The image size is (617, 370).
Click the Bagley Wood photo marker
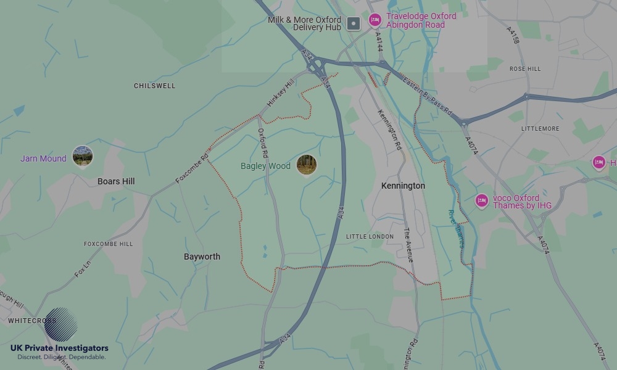pos(307,165)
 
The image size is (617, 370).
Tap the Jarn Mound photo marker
pos(83,156)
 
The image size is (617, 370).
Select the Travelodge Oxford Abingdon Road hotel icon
pos(375,20)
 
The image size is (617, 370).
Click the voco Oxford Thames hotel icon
pos(482,200)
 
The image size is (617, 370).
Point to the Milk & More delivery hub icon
pos(353,24)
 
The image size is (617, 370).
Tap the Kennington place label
pos(403,186)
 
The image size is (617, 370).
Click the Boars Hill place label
pos(116,181)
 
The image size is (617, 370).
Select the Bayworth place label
pos(202,257)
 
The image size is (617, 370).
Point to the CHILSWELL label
pos(154,86)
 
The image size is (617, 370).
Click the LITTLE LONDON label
pos(370,237)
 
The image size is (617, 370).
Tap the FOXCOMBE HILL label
pos(108,244)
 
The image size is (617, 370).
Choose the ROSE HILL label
pos(525,69)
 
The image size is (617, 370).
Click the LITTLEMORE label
pos(540,129)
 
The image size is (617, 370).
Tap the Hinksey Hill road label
pos(281,94)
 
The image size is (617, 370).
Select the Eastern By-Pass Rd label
pos(428,97)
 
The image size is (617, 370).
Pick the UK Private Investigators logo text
pos(59,348)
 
